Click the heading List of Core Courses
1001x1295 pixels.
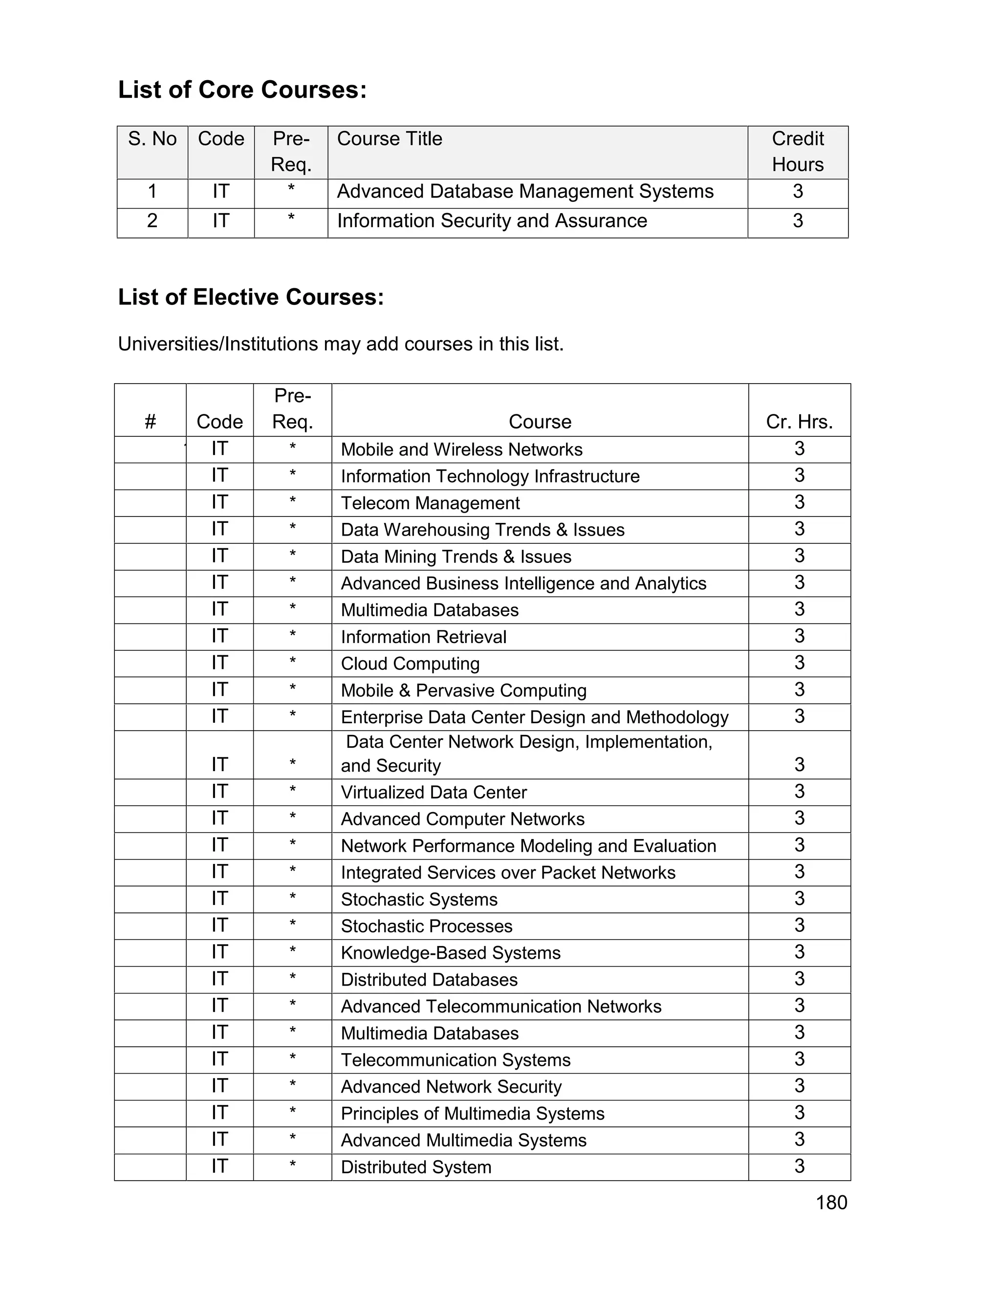coord(242,90)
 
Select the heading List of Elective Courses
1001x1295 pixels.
coord(251,297)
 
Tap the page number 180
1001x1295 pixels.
coord(831,1203)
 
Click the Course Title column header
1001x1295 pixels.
coord(390,139)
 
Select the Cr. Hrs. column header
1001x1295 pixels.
coord(799,422)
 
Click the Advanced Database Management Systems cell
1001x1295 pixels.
coord(525,192)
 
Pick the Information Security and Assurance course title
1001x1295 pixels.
coord(492,220)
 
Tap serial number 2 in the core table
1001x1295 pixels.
coord(152,220)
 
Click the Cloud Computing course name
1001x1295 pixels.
coord(410,664)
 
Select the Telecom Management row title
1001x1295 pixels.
coord(430,503)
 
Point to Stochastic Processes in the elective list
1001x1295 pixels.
coord(426,926)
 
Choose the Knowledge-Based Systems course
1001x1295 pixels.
coord(450,953)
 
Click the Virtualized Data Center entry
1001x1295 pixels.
coord(434,792)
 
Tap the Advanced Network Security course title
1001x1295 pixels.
coord(451,1086)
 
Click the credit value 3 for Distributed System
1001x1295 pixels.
coord(799,1166)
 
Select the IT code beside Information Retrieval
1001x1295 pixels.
coord(219,636)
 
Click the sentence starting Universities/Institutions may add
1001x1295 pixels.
coord(340,344)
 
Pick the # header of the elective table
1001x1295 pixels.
coord(150,422)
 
